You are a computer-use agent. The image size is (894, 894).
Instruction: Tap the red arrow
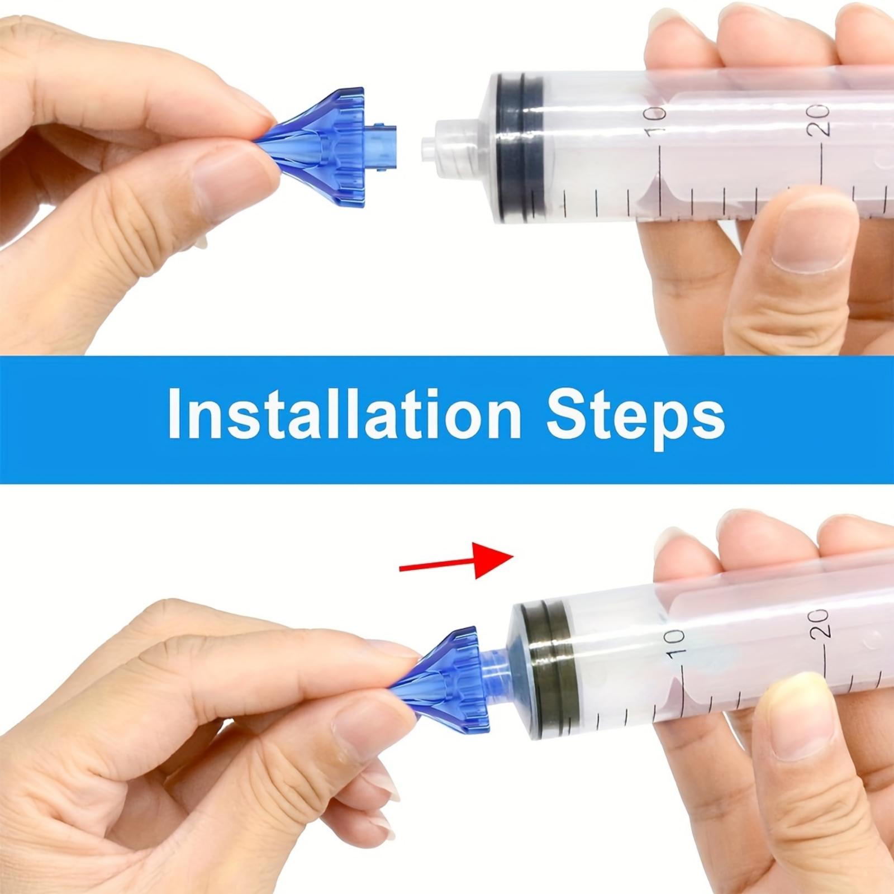(x=456, y=560)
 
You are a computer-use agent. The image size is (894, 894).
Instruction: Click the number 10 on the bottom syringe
(x=674, y=643)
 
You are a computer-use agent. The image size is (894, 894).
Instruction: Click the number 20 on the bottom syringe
(x=819, y=624)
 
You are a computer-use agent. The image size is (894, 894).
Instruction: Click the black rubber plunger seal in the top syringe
(x=522, y=147)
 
